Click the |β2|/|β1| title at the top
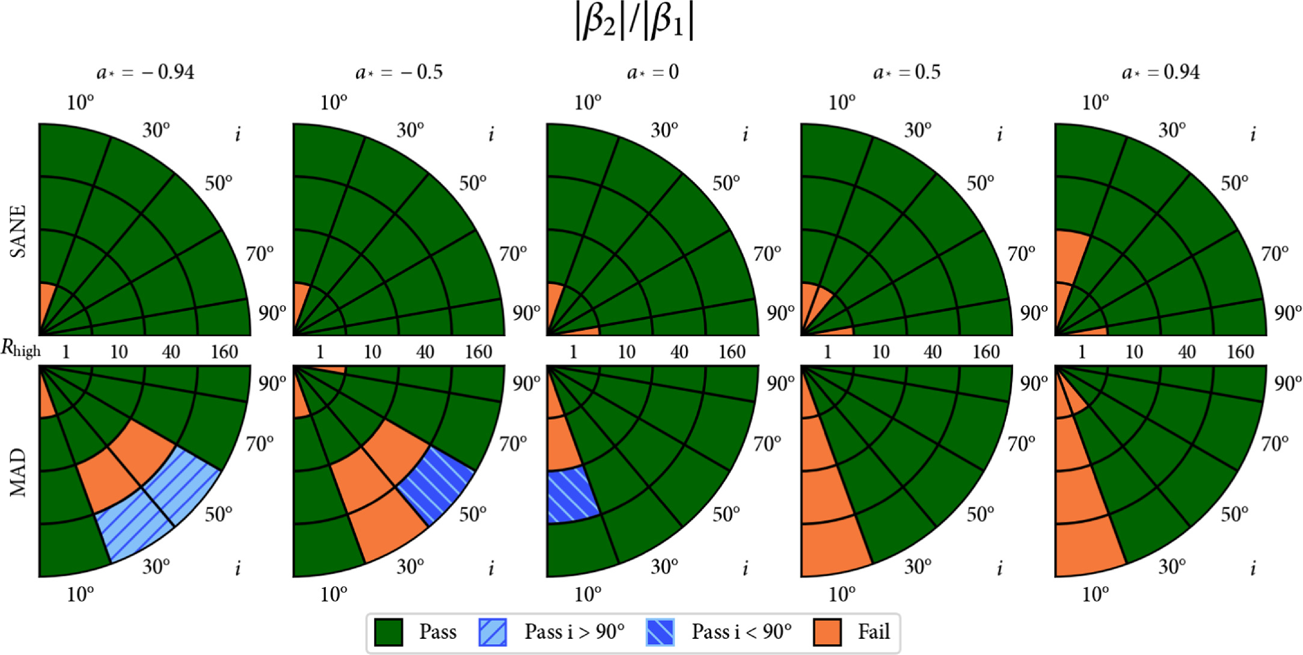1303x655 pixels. coord(634,23)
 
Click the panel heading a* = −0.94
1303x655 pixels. coord(146,73)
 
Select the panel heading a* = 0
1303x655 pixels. coord(652,73)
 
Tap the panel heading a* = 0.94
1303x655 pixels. coord(1160,73)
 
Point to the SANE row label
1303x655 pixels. coord(19,231)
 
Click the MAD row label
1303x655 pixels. coord(19,472)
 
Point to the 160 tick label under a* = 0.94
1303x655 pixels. coord(1240,352)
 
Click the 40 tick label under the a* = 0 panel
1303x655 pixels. coord(679,352)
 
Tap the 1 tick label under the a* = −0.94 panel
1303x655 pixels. coord(66,352)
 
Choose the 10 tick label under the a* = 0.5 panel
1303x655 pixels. coord(880,352)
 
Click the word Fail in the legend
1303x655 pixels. coord(874,632)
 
